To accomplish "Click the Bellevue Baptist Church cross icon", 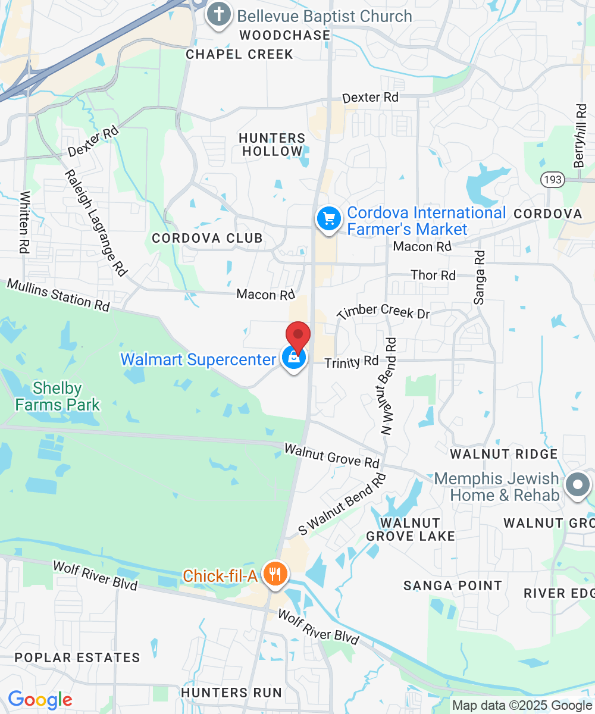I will click(x=218, y=16).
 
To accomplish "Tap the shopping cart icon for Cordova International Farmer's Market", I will click(x=328, y=218).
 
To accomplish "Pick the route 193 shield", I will click(x=549, y=180).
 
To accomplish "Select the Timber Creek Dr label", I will click(x=383, y=311).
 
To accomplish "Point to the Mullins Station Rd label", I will click(x=58, y=294).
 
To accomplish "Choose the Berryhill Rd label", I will click(x=581, y=136).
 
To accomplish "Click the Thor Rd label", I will click(x=433, y=275).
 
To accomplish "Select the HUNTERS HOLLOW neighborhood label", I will click(x=272, y=145).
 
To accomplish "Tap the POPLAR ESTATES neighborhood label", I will click(x=77, y=657).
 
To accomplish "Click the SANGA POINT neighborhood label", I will click(x=453, y=585).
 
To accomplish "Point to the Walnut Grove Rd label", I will click(x=331, y=455).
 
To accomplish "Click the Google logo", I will click(x=40, y=700).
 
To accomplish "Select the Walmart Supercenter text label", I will click(x=198, y=359).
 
